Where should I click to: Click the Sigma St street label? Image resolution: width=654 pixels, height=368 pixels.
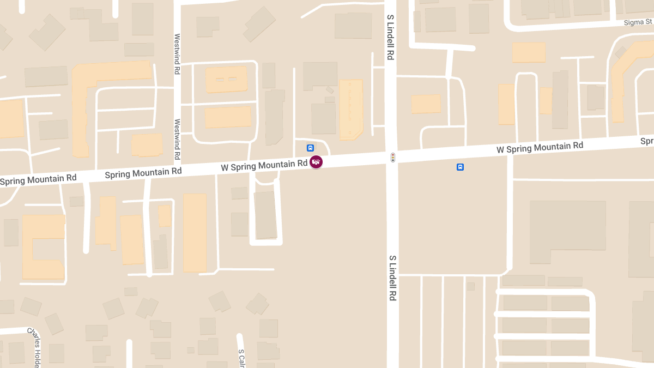pos(638,22)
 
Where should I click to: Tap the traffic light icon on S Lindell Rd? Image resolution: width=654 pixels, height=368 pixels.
pos(392,158)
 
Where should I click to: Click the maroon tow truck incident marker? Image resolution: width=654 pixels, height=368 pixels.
pos(316,162)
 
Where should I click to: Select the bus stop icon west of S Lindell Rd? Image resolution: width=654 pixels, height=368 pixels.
pos(310,148)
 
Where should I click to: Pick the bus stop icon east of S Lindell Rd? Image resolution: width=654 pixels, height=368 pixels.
pos(460,167)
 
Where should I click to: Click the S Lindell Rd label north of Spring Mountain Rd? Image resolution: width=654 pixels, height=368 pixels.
pos(390,37)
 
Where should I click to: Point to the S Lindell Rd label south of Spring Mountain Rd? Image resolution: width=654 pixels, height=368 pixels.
pos(392,277)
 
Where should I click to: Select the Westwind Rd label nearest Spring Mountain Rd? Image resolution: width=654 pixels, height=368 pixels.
pos(177,139)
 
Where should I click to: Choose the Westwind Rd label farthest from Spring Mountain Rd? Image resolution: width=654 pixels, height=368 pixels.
pos(177,54)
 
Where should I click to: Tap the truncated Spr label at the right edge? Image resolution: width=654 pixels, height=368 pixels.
pos(646,141)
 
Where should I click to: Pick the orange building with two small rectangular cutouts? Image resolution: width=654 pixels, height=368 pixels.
pos(226,80)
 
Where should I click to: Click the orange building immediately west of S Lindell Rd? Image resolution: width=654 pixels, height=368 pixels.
pos(351,109)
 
